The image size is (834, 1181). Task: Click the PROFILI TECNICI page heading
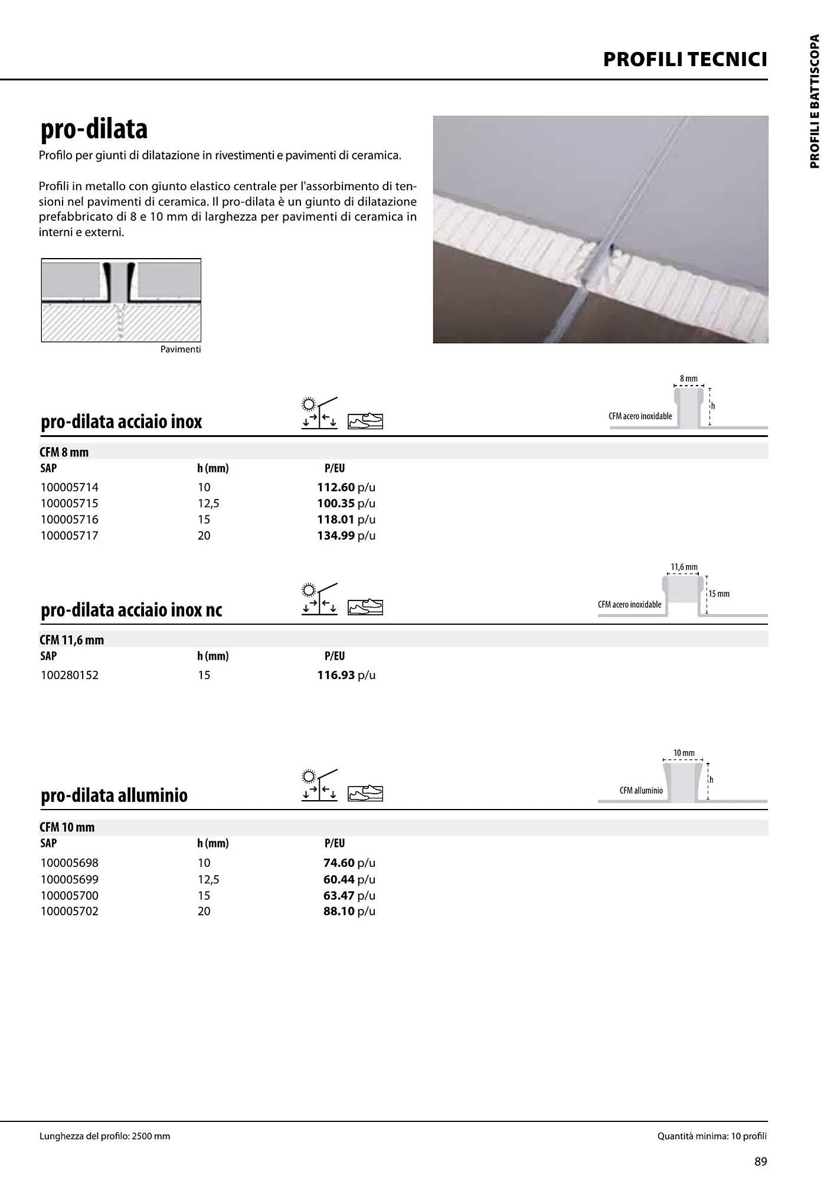point(685,60)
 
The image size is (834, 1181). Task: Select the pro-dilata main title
point(94,129)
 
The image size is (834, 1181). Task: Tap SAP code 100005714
point(70,487)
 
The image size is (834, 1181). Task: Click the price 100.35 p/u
point(346,503)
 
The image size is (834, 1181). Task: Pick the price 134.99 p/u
point(346,536)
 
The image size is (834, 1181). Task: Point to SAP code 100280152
point(70,675)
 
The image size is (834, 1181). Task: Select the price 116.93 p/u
point(346,675)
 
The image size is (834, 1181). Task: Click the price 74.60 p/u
point(349,863)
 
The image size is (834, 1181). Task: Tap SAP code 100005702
point(70,911)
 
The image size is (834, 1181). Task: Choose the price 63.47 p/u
point(349,895)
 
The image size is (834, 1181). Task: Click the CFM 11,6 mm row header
point(71,640)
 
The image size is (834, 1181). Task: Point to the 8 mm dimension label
point(688,379)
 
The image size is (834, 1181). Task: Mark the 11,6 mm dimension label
point(683,567)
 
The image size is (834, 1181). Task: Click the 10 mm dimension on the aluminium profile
point(683,753)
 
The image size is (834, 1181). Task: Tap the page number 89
point(761,1162)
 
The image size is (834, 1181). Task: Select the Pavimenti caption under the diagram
point(181,350)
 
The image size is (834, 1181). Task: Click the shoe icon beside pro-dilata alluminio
point(365,794)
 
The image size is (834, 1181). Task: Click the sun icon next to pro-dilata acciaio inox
point(308,404)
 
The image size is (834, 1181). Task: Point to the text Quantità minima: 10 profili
point(712,1136)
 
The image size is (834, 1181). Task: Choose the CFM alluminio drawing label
point(641,791)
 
